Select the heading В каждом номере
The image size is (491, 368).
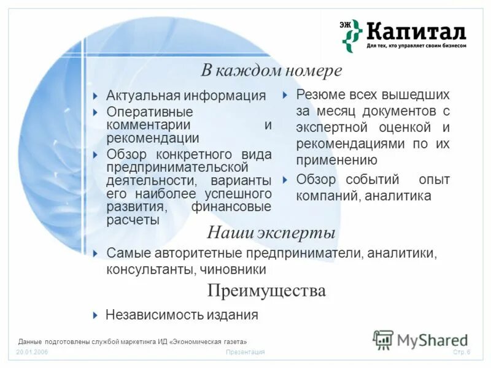[x=271, y=71]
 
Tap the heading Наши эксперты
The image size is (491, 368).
[x=271, y=233]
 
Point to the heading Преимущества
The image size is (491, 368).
[x=266, y=290]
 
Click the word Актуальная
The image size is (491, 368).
[x=143, y=96]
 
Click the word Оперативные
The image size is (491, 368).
[x=150, y=112]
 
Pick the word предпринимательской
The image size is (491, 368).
[x=177, y=167]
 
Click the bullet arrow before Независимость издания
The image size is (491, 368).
[x=95, y=315]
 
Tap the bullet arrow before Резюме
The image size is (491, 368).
[x=285, y=95]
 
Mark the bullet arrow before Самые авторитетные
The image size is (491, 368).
[x=95, y=253]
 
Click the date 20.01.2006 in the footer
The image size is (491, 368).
[x=32, y=353]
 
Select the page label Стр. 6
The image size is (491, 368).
[x=461, y=353]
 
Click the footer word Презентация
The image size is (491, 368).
[x=245, y=353]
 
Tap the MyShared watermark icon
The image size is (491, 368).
[x=383, y=339]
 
